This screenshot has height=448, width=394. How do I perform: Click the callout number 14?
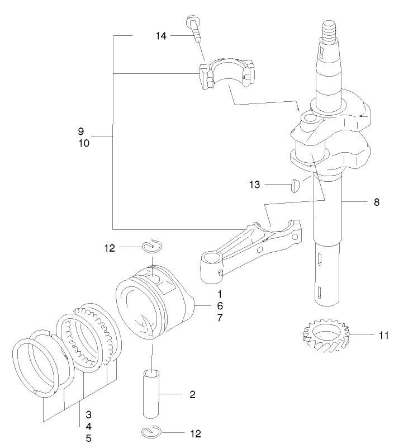(161, 36)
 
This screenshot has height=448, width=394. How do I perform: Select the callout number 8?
(377, 202)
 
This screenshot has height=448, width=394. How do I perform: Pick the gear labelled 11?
(324, 336)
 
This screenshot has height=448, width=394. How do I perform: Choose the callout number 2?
(192, 395)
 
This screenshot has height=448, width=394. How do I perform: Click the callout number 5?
(88, 438)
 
